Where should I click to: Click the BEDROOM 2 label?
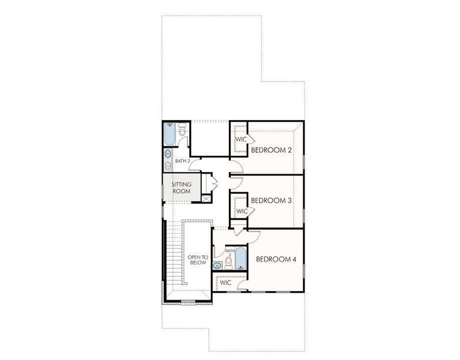pyautogui.click(x=271, y=149)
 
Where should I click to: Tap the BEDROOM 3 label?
pyautogui.click(x=271, y=200)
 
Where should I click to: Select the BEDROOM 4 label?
pyautogui.click(x=276, y=259)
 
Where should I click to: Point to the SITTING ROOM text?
pyautogui.click(x=181, y=188)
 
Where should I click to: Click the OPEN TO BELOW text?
pyautogui.click(x=198, y=259)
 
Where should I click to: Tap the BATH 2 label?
pyautogui.click(x=183, y=161)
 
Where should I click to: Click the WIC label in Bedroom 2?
pyautogui.click(x=241, y=139)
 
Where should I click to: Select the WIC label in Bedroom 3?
pyautogui.click(x=241, y=211)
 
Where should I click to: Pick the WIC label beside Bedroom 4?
pyautogui.click(x=226, y=282)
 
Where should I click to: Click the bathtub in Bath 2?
pyautogui.click(x=169, y=134)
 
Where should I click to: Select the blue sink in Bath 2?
pyautogui.click(x=168, y=154)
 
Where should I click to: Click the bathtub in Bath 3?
pyautogui.click(x=241, y=259)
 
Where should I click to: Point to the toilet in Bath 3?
pyautogui.click(x=228, y=262)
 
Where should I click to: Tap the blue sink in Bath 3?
pyautogui.click(x=217, y=265)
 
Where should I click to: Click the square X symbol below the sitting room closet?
pyautogui.click(x=207, y=198)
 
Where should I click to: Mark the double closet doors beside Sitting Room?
pyautogui.click(x=211, y=182)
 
